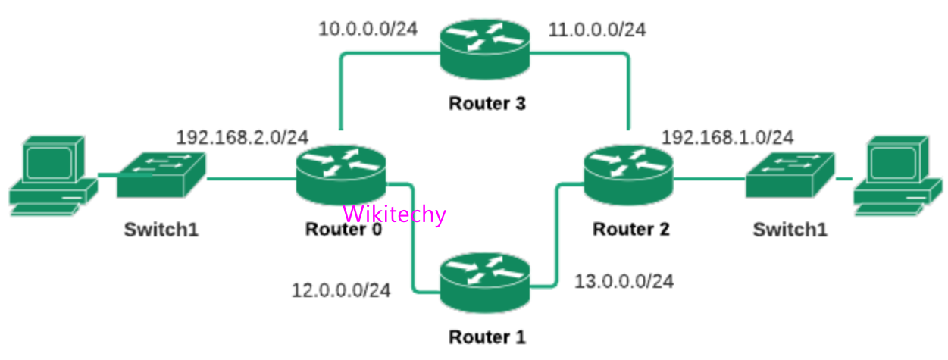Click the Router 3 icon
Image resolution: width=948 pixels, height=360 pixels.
pos(485,50)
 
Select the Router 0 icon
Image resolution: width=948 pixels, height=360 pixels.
pos(342,177)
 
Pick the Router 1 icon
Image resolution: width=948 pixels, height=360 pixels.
pos(486,284)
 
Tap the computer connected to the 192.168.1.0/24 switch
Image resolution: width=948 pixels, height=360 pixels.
pos(899,176)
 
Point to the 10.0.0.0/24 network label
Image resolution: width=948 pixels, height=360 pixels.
pos(368,30)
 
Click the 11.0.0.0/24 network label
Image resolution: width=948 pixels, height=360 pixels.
pos(597,30)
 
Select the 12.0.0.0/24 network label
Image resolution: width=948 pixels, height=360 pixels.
pos(341,290)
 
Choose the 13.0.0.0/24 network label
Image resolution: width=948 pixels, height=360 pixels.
pos(624,281)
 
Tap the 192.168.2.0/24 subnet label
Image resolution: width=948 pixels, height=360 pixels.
pos(242,137)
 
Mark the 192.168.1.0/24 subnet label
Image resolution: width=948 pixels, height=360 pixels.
pos(727,137)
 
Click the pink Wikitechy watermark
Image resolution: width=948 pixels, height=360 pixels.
pos(395,214)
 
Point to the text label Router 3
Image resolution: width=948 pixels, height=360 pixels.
pos(487,103)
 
